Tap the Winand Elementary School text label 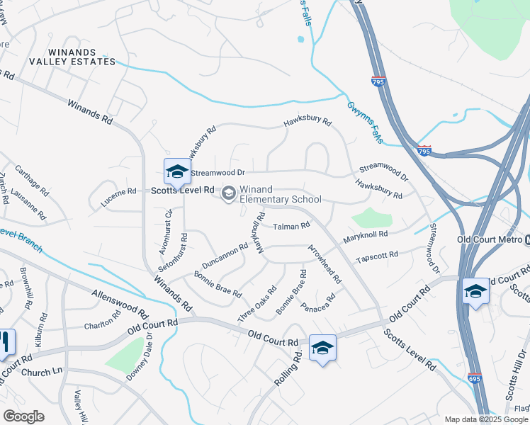(x=280, y=194)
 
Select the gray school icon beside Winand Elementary (x=229, y=193)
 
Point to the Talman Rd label (x=292, y=227)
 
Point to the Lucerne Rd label (x=118, y=196)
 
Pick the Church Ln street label (x=42, y=372)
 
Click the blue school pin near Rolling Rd (x=322, y=348)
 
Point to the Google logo (x=23, y=416)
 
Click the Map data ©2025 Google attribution (x=486, y=419)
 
